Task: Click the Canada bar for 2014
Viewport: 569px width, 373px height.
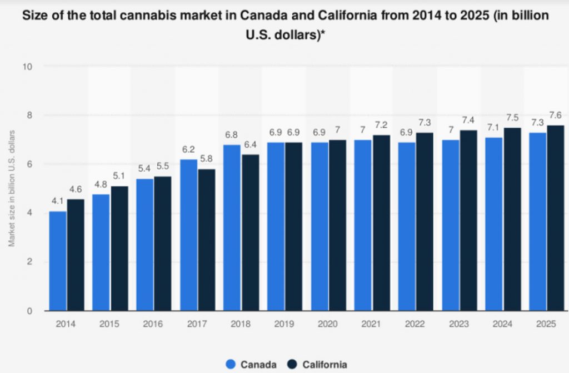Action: tap(58, 261)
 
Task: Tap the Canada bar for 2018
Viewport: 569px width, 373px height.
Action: tap(232, 228)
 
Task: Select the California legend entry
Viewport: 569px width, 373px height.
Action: tap(318, 364)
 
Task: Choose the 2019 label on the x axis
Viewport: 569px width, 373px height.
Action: tap(285, 324)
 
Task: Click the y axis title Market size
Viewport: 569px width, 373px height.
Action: tap(11, 189)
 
